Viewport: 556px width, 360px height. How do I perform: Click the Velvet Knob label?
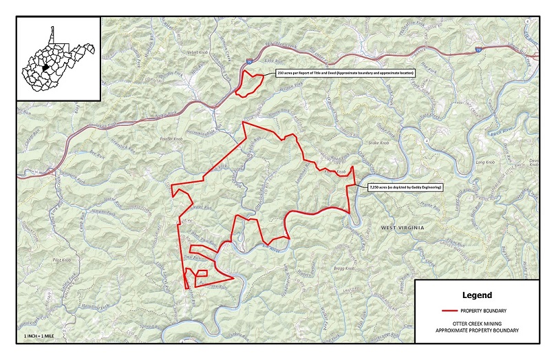[188, 52]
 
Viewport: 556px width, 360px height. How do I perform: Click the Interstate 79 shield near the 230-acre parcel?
[246, 63]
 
